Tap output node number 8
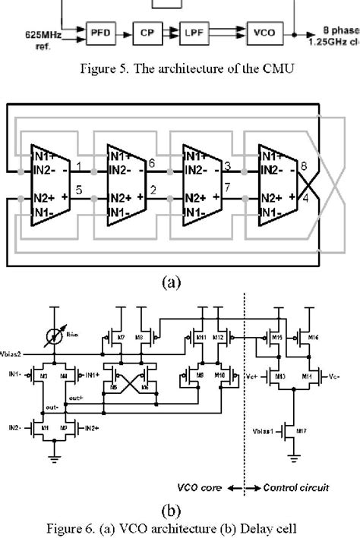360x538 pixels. [x=304, y=164]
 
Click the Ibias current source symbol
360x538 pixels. [x=56, y=335]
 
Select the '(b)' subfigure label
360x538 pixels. [x=181, y=507]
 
